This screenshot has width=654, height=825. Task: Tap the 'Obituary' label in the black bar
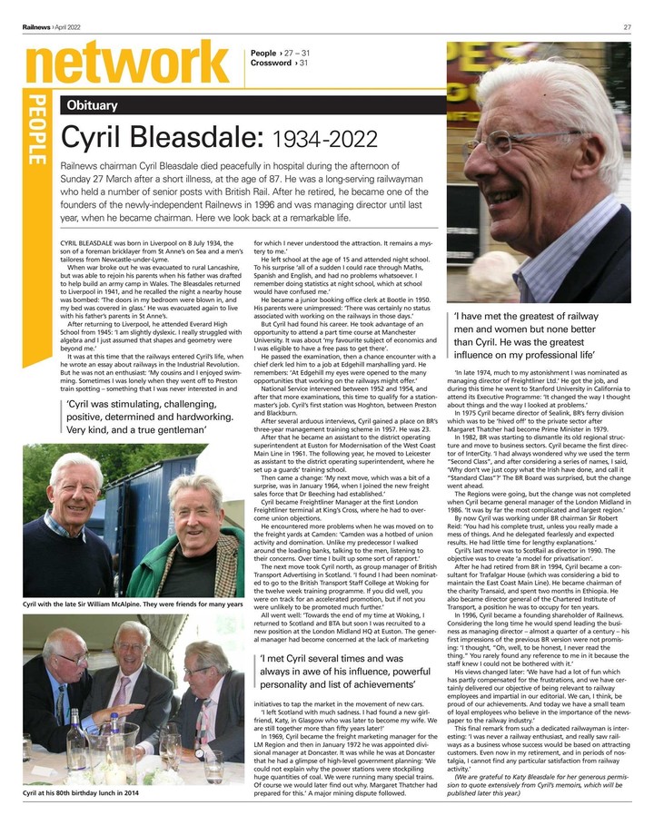coord(92,105)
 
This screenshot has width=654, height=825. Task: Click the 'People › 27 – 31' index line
coord(285,54)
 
